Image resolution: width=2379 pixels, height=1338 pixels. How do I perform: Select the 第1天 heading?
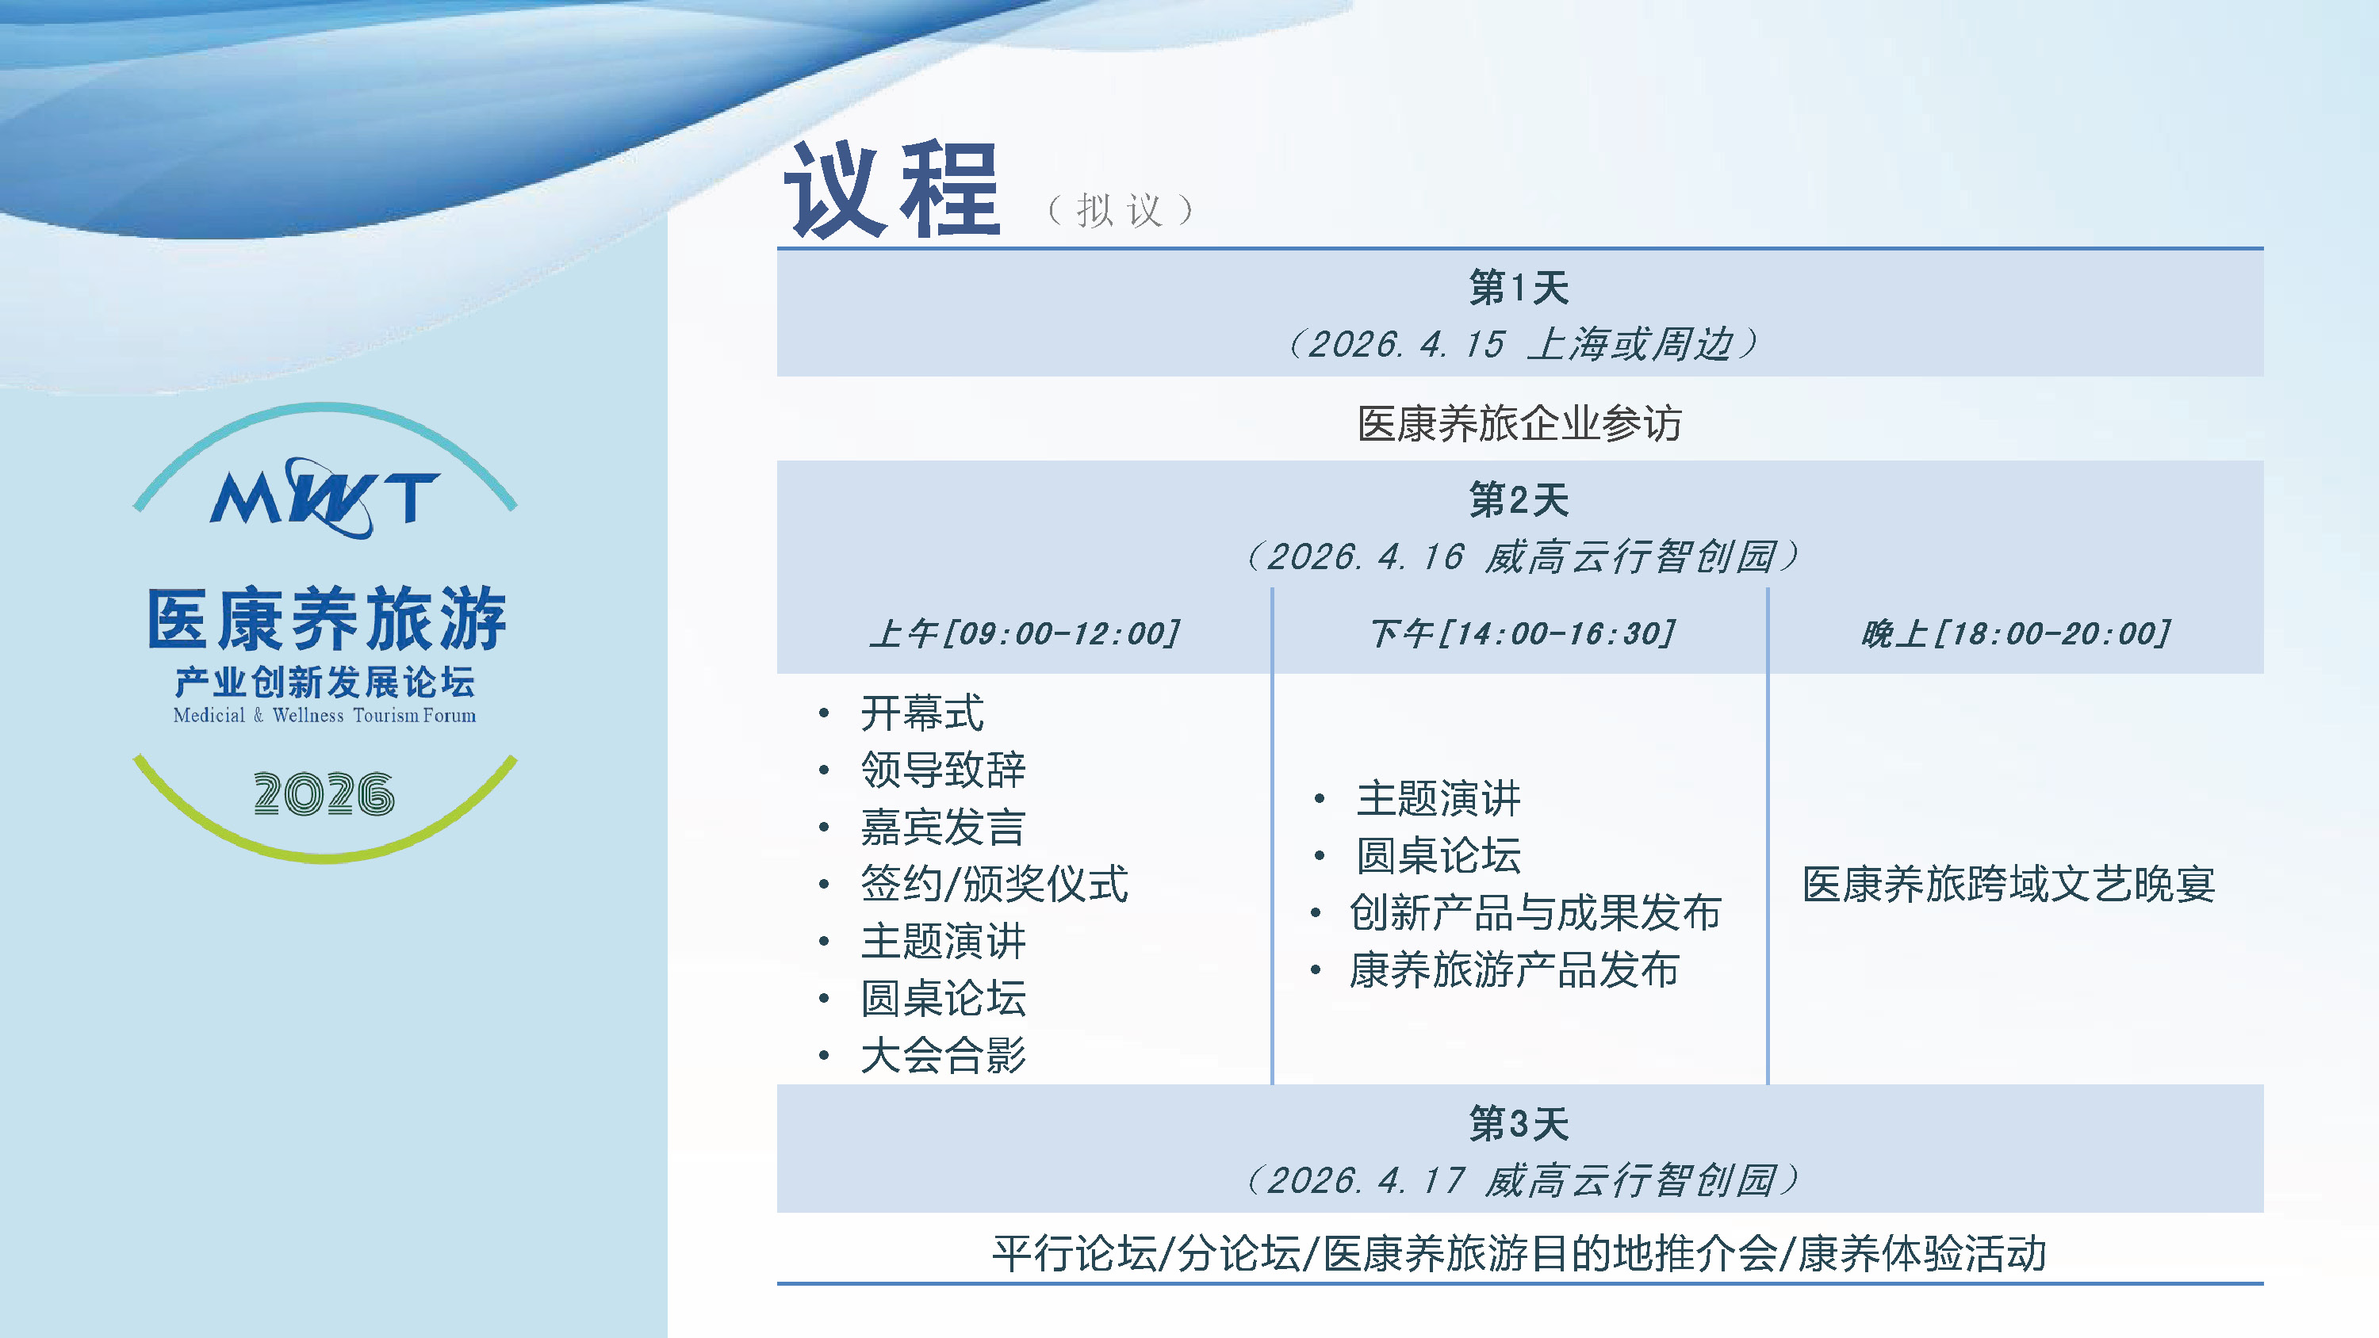click(1519, 287)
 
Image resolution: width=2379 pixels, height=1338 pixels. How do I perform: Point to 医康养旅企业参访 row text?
click(1519, 424)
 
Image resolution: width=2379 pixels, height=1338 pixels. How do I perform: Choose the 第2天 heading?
click(1519, 499)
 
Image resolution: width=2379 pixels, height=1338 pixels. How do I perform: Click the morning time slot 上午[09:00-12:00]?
click(1025, 633)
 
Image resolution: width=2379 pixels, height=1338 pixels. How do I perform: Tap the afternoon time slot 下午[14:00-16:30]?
click(1521, 633)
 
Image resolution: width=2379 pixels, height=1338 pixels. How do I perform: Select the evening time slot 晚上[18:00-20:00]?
click(2016, 633)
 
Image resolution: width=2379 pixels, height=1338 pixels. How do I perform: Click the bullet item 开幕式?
click(922, 713)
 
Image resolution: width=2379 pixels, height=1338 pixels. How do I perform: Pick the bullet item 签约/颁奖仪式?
click(994, 884)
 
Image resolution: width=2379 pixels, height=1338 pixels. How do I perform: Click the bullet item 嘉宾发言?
click(943, 827)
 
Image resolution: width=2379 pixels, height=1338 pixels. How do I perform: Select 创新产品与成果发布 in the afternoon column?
click(1535, 912)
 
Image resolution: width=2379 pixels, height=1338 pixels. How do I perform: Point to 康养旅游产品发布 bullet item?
click(1514, 969)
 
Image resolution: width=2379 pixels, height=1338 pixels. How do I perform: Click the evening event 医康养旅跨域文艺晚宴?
click(2009, 884)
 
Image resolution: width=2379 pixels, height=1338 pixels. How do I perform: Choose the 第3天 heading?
click(1519, 1124)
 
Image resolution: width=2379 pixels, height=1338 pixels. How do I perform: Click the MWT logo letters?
click(324, 499)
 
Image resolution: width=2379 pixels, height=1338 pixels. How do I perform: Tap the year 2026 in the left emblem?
click(324, 794)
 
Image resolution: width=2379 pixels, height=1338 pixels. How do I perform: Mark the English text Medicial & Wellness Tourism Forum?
click(324, 715)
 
